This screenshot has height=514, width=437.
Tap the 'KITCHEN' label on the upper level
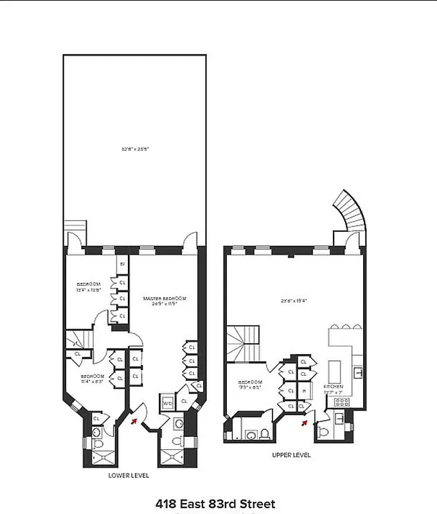333,389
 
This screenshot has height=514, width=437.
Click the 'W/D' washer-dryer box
166,403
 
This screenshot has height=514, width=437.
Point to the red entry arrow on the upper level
305,422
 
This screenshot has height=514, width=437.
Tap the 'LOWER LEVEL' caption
129,475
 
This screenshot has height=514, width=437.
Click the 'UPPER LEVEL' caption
291,455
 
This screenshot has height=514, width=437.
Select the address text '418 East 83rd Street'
215,504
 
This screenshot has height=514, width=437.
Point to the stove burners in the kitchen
341,403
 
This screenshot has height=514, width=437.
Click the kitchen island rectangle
335,372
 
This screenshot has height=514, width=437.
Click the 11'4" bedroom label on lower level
91,378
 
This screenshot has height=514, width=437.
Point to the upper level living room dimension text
292,300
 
